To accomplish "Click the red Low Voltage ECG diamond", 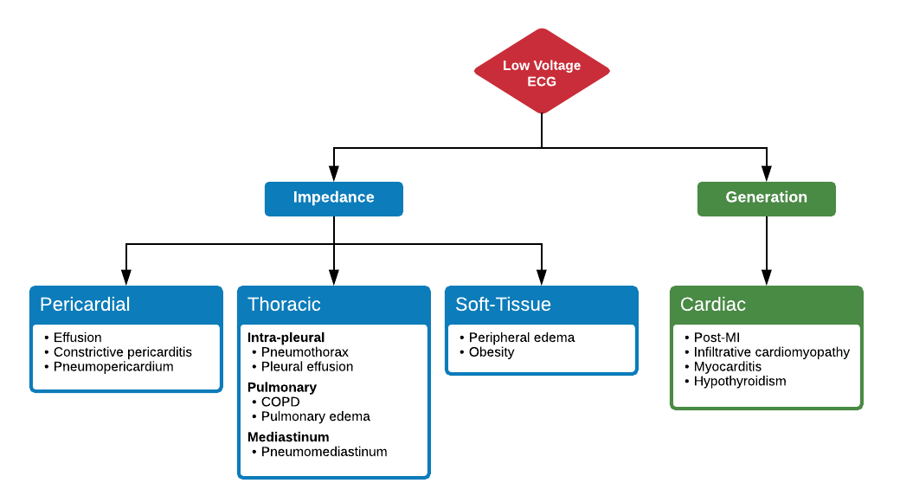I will tap(542, 73).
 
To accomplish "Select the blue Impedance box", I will tap(333, 197).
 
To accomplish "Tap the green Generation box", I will tap(766, 197).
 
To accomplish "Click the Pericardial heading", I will tap(85, 305).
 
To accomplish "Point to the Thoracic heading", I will tap(284, 305).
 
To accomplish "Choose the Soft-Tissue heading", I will tap(503, 305).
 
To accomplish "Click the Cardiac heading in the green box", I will tap(713, 305).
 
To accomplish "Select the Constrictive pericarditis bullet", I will tap(122, 352).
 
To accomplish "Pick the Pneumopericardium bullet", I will tap(113, 367).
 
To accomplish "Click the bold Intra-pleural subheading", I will tap(286, 338).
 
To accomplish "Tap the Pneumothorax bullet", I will tap(305, 352).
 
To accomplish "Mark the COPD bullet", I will tap(280, 402).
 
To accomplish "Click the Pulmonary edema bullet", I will tap(315, 416).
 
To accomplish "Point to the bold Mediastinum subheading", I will tap(288, 437).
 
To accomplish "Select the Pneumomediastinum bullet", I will tap(324, 452).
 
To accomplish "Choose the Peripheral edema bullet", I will tap(521, 338).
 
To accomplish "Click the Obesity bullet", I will tap(492, 352).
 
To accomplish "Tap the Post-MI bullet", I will tap(717, 338).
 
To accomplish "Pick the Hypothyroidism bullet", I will tap(740, 381).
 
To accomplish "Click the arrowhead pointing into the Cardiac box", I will tap(766, 278).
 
